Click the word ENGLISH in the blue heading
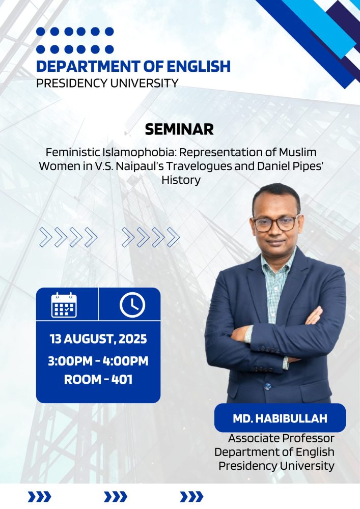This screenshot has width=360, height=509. tap(199, 66)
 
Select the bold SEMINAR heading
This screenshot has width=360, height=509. tap(179, 129)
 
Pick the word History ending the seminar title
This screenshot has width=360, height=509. tap(181, 180)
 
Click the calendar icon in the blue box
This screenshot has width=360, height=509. tap(64, 305)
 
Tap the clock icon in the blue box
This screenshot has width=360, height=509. tap(132, 305)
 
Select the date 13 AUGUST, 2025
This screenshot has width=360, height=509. tap(98, 339)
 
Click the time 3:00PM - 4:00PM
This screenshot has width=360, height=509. tap(98, 361)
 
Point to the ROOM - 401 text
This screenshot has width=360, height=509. tap(98, 380)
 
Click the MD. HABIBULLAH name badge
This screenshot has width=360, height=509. tap(280, 418)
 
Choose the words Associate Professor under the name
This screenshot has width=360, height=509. tap(281, 438)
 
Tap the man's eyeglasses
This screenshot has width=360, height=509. tap(275, 223)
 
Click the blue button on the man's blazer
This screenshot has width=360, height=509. tap(267, 386)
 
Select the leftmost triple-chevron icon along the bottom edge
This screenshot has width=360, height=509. tap(39, 497)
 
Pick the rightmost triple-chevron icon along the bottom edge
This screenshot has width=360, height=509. tap(191, 497)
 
